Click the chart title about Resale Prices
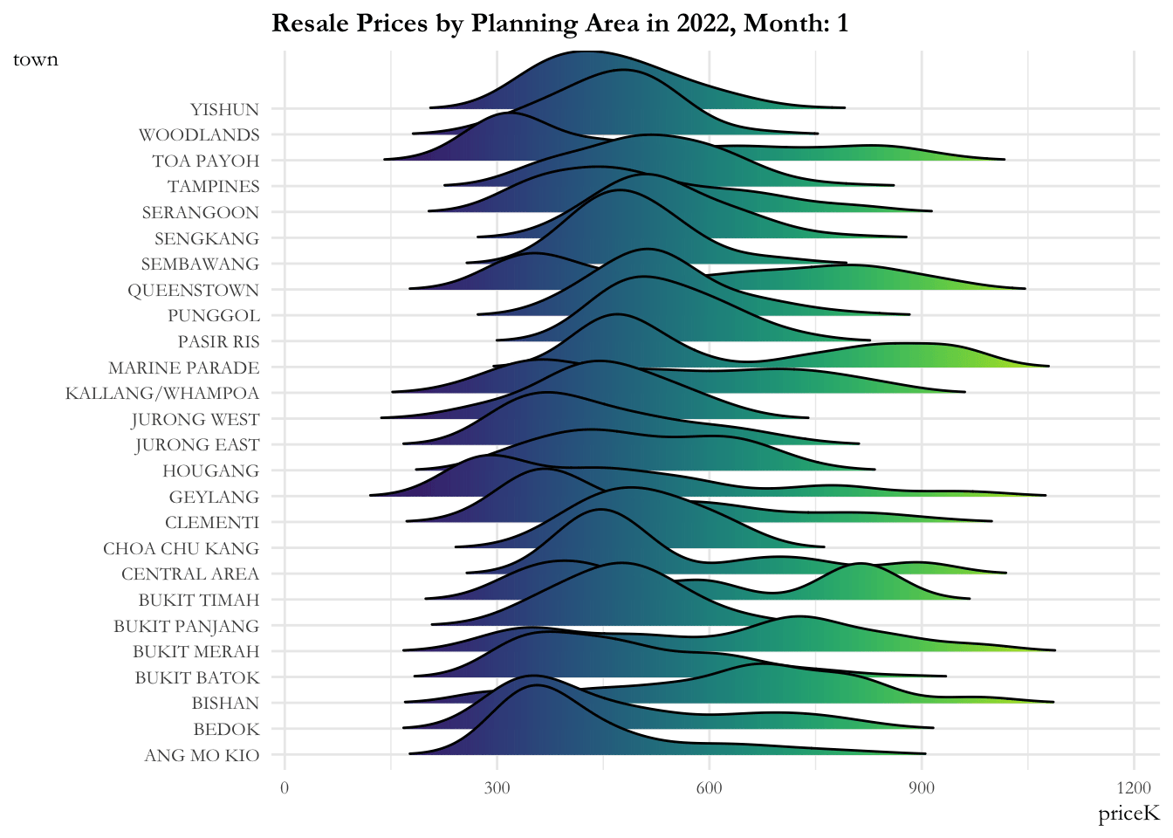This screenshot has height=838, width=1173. (559, 23)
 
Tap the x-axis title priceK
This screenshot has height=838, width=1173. (1128, 814)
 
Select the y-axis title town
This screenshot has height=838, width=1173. (36, 59)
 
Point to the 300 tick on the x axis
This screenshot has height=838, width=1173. (497, 788)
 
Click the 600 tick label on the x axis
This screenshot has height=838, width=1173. (709, 788)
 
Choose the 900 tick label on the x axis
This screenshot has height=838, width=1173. (922, 788)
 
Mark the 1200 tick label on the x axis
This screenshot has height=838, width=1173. (1134, 788)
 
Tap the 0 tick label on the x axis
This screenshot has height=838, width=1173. (285, 788)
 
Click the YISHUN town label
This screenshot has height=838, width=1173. (224, 109)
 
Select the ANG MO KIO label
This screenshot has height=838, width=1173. (202, 755)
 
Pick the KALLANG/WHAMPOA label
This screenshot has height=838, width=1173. (162, 393)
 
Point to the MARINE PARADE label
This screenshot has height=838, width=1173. (183, 367)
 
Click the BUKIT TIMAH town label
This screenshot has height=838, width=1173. (198, 600)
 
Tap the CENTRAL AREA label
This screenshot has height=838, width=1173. (189, 574)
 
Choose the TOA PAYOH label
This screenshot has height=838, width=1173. (205, 161)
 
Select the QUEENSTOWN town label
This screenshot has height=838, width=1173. (193, 290)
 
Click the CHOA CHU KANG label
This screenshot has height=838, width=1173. (181, 548)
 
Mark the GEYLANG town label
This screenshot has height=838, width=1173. (214, 497)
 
